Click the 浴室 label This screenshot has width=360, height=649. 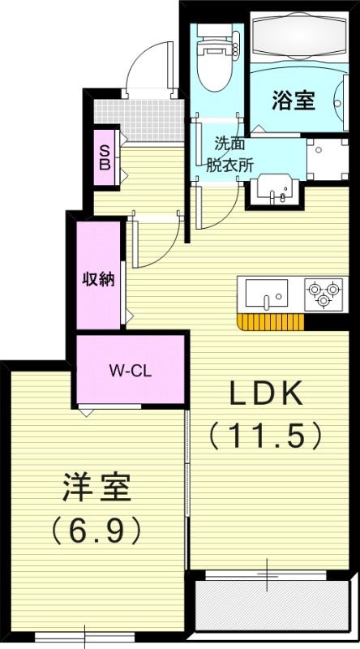(293, 102)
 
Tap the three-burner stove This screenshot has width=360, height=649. (322, 293)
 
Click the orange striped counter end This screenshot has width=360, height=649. (270, 322)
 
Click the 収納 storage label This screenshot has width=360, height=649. (97, 279)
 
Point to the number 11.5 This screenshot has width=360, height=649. (267, 436)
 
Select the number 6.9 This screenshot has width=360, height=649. (96, 531)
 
